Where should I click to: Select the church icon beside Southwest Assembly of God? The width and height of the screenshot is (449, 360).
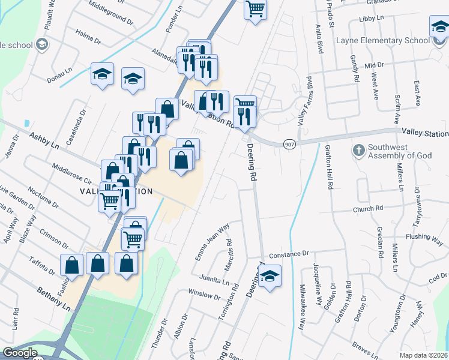tap(359, 149)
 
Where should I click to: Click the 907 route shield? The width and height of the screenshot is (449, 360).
tap(289, 144)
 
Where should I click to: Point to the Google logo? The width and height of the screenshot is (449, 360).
tap(20, 353)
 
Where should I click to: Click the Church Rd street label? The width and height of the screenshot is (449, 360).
tap(367, 209)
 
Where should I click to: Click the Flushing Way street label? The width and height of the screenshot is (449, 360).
tap(424, 236)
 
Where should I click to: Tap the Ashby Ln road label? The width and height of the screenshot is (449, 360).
tap(45, 142)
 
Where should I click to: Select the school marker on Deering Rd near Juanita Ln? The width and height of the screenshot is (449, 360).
tap(270, 276)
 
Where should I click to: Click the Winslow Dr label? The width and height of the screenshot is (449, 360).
tap(204, 295)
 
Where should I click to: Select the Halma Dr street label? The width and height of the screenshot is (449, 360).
tap(88, 38)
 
